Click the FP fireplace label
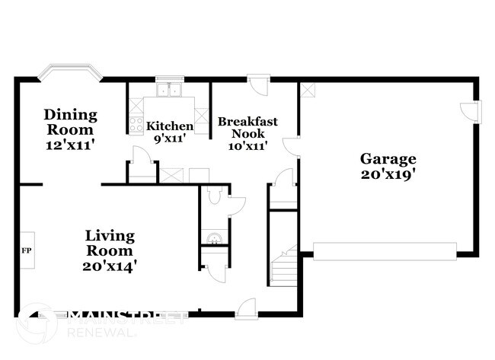[x=27, y=250]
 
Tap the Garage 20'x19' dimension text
[x=388, y=174]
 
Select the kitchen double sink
[x=169, y=90]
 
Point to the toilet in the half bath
[x=215, y=195]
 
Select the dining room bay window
[x=70, y=72]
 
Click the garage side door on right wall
[x=471, y=112]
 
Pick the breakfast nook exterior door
[x=258, y=84]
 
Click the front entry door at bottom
[x=247, y=309]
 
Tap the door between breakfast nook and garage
[x=291, y=146]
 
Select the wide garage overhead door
[x=385, y=251]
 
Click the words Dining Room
[x=70, y=122]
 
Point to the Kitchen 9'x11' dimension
[x=170, y=139]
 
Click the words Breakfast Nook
[x=247, y=127]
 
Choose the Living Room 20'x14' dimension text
[x=110, y=266]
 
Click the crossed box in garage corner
[x=307, y=90]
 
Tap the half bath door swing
[x=237, y=206]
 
